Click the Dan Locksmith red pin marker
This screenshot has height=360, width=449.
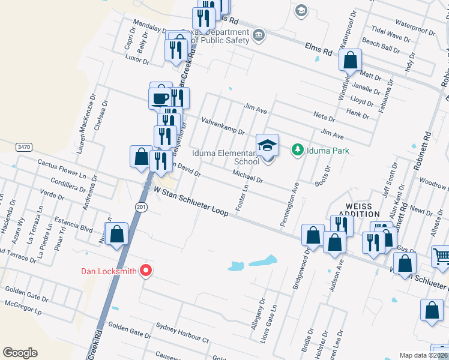[x=145, y=271]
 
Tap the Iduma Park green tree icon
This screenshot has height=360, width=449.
[x=297, y=149]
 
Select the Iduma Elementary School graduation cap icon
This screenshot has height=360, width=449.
[x=268, y=145]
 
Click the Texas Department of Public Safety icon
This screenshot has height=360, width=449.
[x=259, y=35]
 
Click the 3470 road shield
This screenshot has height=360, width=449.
[x=23, y=146]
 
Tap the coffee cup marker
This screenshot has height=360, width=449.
[x=161, y=98]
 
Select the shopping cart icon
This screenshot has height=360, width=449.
[x=441, y=256]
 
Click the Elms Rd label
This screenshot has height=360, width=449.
[x=318, y=48]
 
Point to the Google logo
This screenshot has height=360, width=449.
[x=20, y=353]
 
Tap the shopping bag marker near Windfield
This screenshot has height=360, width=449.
[x=351, y=60]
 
